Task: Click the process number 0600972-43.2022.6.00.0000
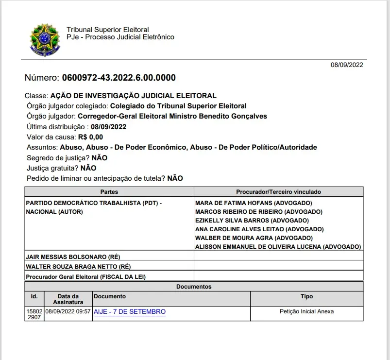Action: click(119, 78)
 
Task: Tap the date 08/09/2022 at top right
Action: click(347, 65)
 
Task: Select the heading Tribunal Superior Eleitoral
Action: click(107, 30)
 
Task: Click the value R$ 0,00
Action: click(90, 137)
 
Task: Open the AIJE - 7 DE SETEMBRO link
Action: click(129, 311)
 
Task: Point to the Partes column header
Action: click(109, 192)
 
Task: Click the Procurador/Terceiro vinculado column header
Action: click(278, 192)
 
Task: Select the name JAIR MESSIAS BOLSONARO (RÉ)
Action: click(73, 256)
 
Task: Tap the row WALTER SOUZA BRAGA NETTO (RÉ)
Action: click(78, 266)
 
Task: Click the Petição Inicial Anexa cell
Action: click(306, 311)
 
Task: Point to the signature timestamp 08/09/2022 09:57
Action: click(68, 311)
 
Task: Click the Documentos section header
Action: click(194, 287)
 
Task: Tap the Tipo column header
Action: click(306, 296)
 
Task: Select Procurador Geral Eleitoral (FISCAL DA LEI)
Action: click(86, 276)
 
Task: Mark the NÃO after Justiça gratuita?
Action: click(88, 168)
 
